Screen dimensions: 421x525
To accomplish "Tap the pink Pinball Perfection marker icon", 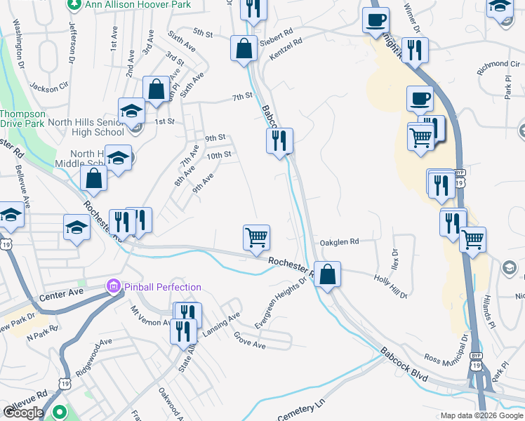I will [112, 286].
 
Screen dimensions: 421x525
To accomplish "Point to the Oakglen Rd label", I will [339, 241].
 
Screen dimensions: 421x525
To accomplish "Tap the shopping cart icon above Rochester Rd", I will [257, 237].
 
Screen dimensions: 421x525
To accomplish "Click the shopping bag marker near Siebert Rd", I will [243, 49].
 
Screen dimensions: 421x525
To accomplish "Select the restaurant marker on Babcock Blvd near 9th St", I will [279, 140].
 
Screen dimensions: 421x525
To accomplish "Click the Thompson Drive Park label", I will [22, 119].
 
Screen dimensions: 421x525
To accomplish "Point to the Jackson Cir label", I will [48, 88].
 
